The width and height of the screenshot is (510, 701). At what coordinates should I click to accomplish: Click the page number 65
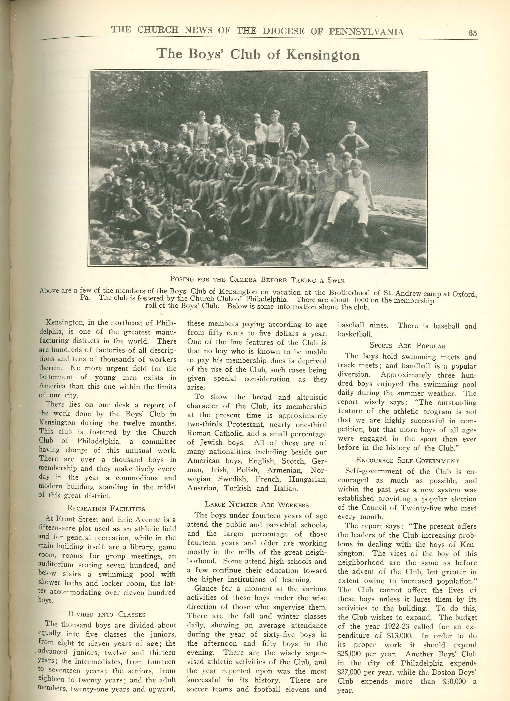[x=473, y=33]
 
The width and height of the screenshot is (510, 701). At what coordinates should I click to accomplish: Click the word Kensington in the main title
[x=323, y=55]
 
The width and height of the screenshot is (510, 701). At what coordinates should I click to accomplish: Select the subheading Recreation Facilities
[x=106, y=509]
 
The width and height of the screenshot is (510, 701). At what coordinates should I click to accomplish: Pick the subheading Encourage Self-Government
[x=407, y=461]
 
